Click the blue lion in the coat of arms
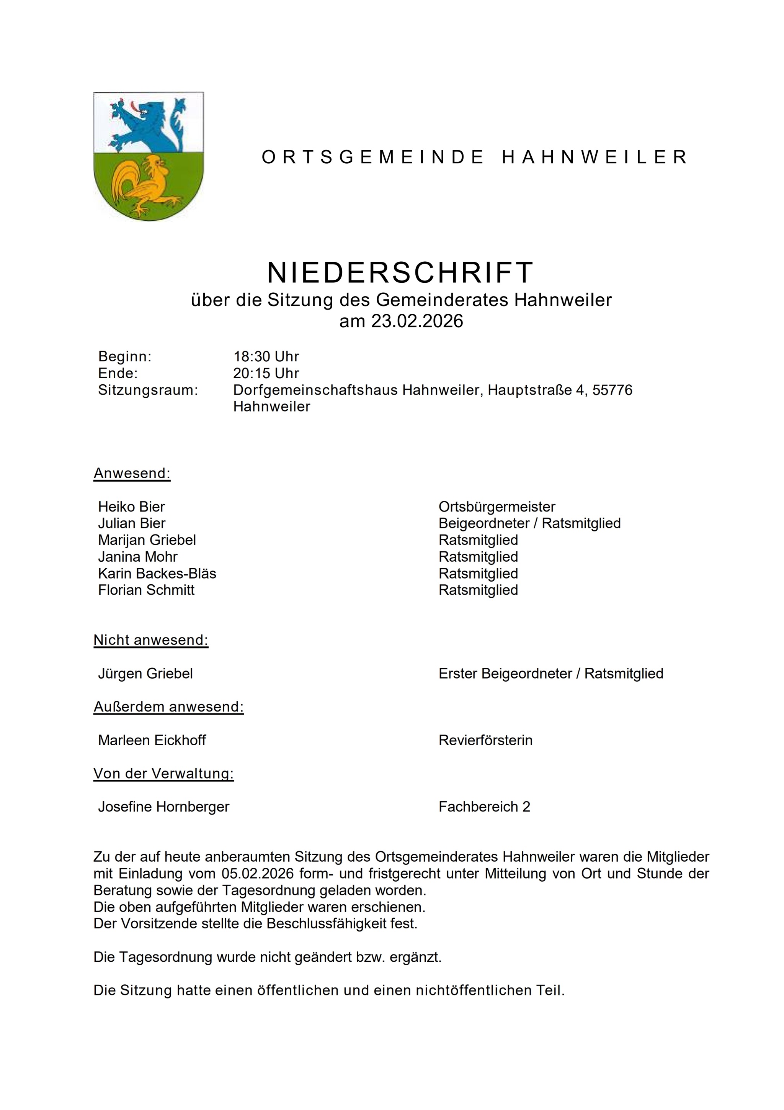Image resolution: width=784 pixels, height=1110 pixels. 145,123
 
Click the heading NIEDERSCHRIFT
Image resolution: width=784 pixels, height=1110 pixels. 400,273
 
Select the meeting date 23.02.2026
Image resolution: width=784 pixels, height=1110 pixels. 417,321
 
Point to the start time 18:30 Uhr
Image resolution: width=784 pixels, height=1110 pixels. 266,357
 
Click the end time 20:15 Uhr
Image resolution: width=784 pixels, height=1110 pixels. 266,373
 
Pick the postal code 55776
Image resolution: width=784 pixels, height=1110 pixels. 612,390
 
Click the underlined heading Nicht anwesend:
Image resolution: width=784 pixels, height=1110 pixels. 151,640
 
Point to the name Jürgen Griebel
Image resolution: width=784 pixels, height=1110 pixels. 145,674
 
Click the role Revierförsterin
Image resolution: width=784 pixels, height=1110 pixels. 485,740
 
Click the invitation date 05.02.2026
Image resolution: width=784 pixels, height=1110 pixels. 258,874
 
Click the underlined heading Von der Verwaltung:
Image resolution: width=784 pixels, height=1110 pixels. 164,774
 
